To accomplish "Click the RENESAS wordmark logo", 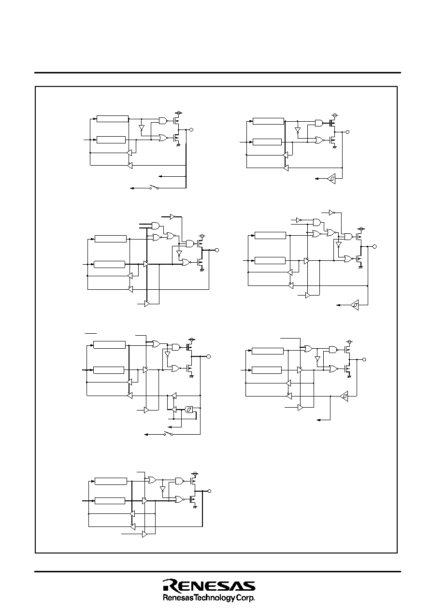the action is coord(209,586).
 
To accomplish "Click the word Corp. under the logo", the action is coord(246,598).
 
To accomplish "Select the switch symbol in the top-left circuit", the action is coord(154,187).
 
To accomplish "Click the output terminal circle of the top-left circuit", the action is coord(191,130).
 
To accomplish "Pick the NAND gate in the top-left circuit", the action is coord(163,120).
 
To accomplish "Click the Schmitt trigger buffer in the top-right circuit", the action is coord(331,179).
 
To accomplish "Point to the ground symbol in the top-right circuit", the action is coord(335,147).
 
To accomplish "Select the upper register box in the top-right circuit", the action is coord(268,121).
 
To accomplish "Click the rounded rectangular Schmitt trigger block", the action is coord(189,409).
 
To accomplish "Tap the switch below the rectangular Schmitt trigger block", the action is coord(168,434).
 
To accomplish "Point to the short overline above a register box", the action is coord(91,333).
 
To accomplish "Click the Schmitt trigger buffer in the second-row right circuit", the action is coord(355,305).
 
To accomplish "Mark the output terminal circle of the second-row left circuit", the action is coord(217,250).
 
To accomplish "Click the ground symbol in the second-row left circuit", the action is coord(202,270).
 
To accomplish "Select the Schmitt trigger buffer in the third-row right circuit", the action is coord(344,396).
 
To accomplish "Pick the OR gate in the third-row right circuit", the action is coord(309,349).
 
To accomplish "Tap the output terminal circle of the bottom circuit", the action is coord(209,491).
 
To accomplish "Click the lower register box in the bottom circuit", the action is coord(110,500).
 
